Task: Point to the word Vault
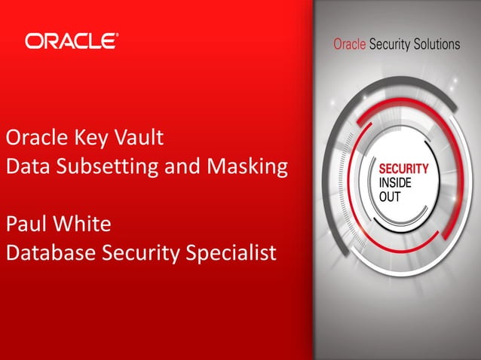[x=139, y=139]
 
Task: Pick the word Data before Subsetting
[x=27, y=166]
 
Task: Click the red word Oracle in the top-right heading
[x=349, y=44]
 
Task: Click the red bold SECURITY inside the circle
[x=403, y=169]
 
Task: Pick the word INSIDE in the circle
[x=396, y=183]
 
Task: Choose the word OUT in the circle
[x=390, y=197]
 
